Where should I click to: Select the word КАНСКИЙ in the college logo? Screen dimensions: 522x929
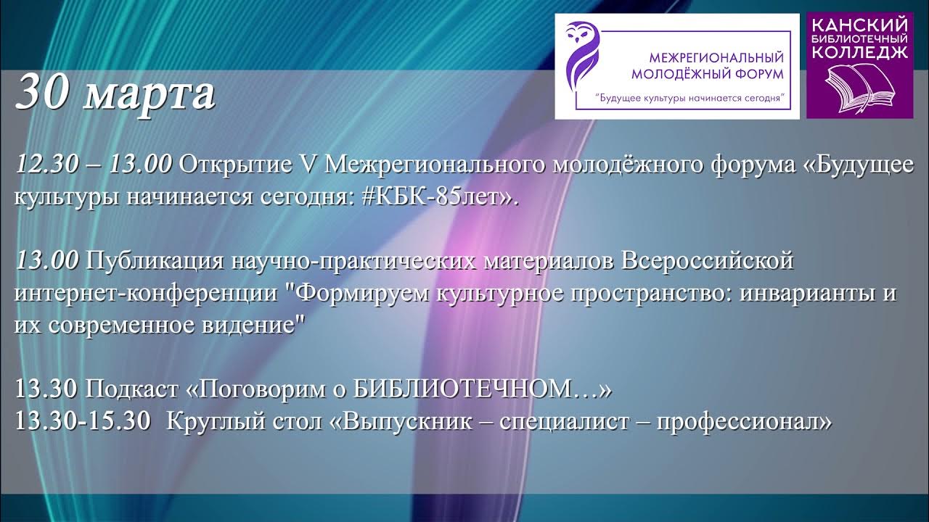[859, 25]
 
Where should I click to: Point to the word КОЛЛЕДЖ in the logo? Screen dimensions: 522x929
[859, 51]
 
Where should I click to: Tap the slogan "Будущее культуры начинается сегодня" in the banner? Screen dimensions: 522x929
[692, 96]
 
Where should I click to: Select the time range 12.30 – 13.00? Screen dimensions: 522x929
[93, 165]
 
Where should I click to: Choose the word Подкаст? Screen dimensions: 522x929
[133, 390]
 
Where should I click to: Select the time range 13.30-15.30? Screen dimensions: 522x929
[83, 421]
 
